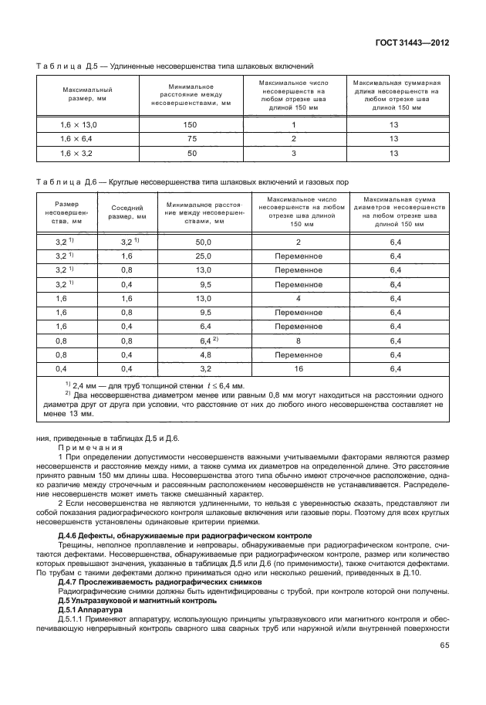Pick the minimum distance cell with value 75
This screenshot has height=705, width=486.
click(x=191, y=139)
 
